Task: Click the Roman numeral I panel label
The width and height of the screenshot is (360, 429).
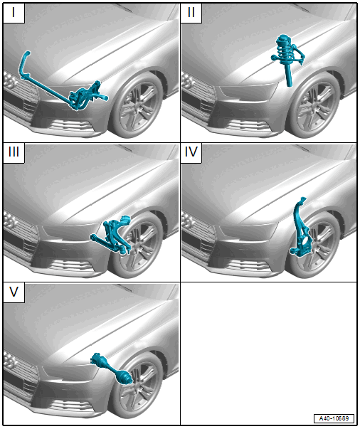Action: (14, 12)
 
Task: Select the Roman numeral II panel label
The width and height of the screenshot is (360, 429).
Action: (191, 12)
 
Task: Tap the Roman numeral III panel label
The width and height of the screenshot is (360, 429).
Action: (14, 152)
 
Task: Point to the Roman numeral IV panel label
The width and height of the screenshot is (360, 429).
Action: (191, 152)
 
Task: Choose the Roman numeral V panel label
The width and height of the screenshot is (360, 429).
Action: (14, 292)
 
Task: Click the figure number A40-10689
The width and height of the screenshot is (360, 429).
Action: (334, 418)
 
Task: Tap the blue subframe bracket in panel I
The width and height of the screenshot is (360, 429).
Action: (88, 96)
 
